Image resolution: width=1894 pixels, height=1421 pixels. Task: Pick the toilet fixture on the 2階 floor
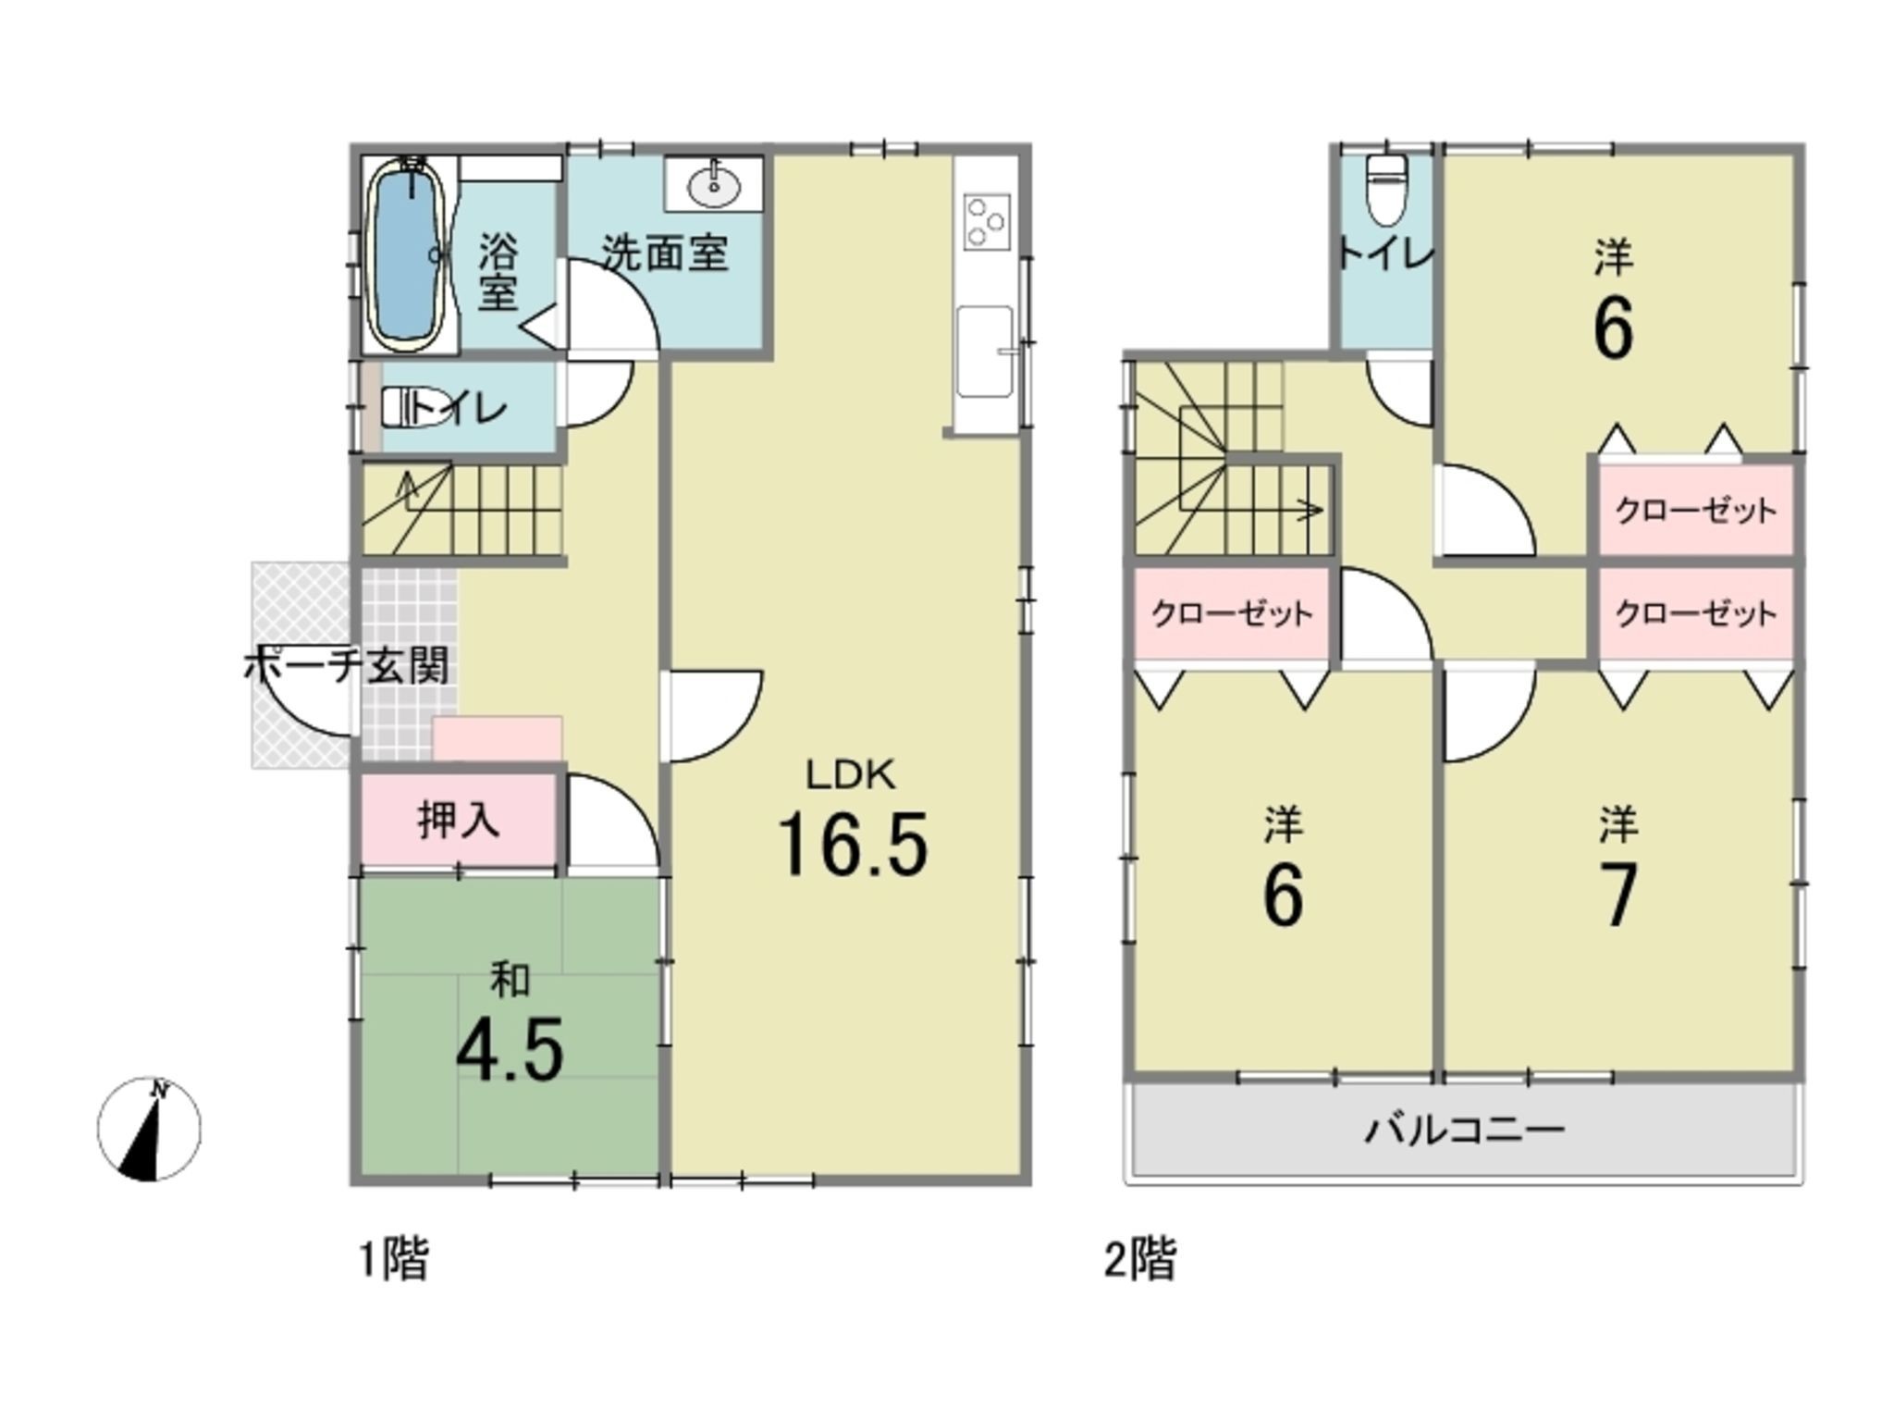pos(1385,190)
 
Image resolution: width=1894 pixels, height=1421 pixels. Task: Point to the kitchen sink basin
pos(984,351)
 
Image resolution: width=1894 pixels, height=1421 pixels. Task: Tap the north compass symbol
pos(149,1129)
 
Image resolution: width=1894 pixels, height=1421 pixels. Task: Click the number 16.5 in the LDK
pos(852,843)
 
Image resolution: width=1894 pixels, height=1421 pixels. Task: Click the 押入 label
pos(459,820)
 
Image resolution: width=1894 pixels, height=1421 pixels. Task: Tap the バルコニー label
pos(1465,1130)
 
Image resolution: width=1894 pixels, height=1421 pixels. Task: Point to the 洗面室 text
pos(666,253)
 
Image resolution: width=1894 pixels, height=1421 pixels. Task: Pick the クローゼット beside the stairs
pos(1231,613)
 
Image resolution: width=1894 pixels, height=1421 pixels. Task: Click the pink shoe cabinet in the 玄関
pos(498,739)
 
